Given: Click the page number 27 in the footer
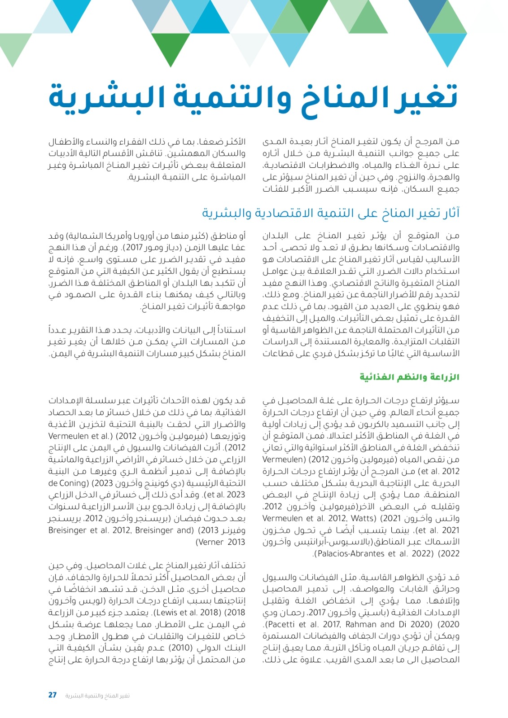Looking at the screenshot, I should (x=53, y=695).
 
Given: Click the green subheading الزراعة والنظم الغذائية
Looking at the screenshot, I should (x=409, y=377).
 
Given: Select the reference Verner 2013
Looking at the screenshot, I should (x=220, y=542).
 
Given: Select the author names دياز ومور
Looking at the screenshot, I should (x=162, y=247).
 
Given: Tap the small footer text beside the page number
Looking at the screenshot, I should (x=97, y=696).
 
